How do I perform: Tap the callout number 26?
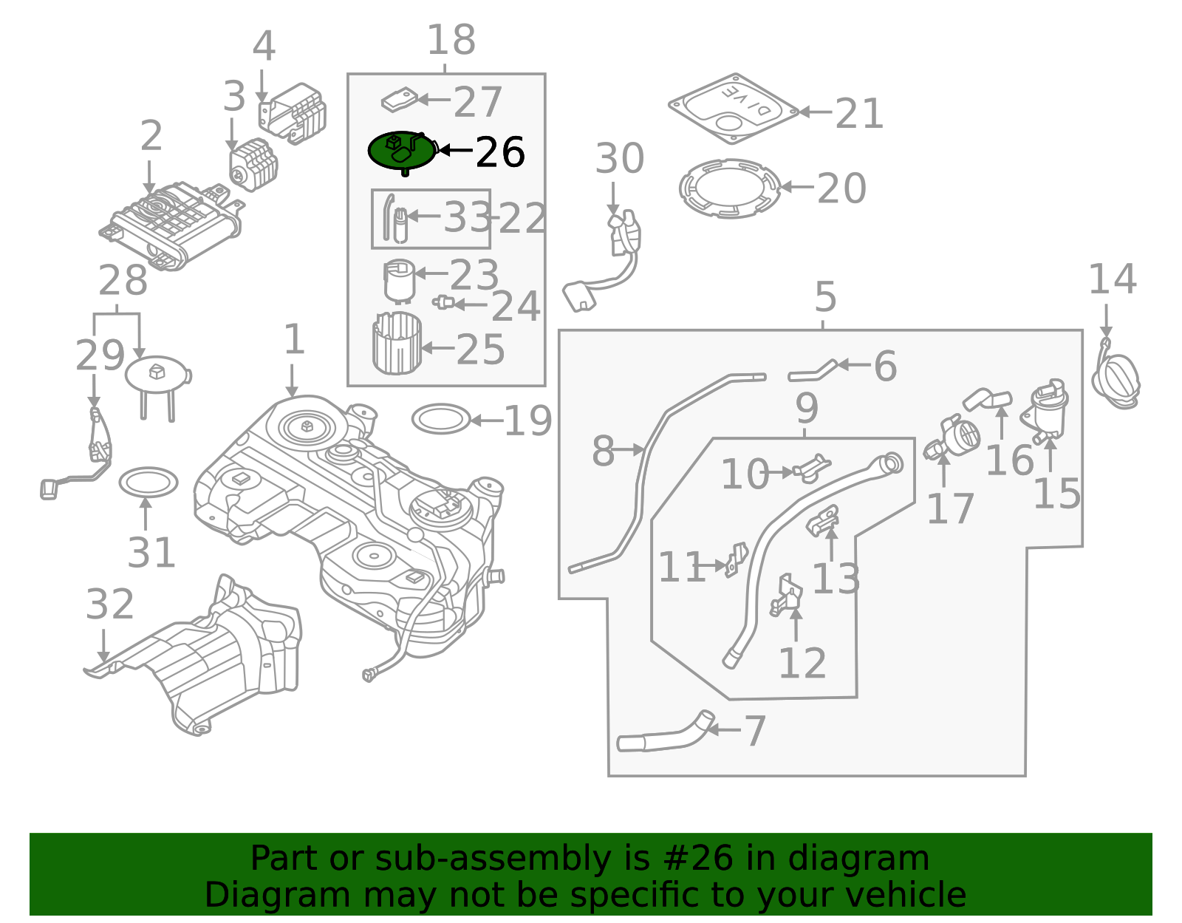(x=499, y=153)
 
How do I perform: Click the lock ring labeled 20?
(x=729, y=188)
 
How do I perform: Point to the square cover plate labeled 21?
(x=734, y=108)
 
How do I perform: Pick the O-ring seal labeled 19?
(x=441, y=419)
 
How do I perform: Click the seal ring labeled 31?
(x=148, y=483)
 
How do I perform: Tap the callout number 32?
(x=109, y=604)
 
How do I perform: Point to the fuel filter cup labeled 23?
(x=400, y=281)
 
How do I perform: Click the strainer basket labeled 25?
(x=397, y=344)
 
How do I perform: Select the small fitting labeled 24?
(x=443, y=302)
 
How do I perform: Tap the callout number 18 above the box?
(x=451, y=40)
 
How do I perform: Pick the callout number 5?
(x=825, y=297)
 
